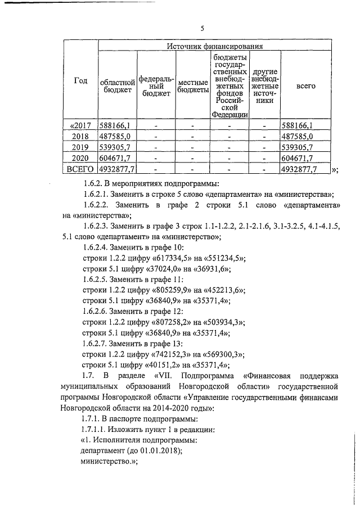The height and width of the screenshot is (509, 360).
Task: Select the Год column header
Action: (x=81, y=81)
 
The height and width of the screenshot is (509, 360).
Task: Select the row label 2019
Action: (x=81, y=147)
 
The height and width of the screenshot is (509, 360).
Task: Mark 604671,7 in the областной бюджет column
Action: (x=115, y=158)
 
